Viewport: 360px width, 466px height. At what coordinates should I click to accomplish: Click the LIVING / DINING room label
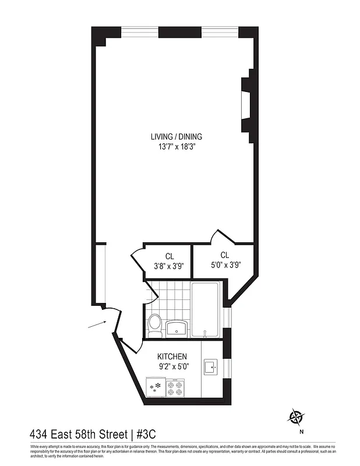[x=176, y=137]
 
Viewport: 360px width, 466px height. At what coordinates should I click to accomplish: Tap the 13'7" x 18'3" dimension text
[x=176, y=147]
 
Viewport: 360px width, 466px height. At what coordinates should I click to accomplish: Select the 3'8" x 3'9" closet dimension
[x=169, y=266]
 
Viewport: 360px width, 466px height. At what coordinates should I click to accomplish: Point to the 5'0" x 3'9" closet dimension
[x=224, y=265]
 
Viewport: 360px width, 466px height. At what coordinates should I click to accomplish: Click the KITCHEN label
[x=172, y=356]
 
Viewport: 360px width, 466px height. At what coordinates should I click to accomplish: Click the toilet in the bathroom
[x=154, y=324]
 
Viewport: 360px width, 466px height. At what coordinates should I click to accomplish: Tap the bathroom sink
[x=177, y=328]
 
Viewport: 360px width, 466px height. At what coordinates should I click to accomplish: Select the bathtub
[x=206, y=309]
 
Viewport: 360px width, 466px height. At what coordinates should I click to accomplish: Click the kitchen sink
[x=210, y=367]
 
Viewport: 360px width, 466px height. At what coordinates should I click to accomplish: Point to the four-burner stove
[x=175, y=387]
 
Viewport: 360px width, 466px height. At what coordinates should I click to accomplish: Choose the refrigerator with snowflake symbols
[x=156, y=387]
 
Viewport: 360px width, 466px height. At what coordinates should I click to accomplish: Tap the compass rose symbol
[x=297, y=417]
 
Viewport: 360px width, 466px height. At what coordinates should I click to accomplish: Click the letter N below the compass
[x=302, y=432]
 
